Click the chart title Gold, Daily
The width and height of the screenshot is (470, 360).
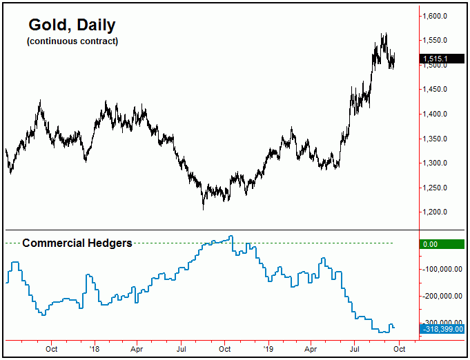(x=72, y=26)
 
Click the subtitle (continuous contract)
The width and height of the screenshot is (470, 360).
(x=72, y=41)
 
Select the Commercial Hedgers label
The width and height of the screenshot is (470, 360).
(x=77, y=243)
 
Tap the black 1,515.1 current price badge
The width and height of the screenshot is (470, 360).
(x=442, y=59)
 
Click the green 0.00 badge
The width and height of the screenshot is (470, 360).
(x=442, y=243)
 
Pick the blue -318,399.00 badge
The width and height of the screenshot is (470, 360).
(x=442, y=329)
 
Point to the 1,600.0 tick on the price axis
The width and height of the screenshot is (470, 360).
(x=439, y=16)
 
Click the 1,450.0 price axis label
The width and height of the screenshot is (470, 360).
(x=439, y=90)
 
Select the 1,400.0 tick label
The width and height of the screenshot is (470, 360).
(x=439, y=114)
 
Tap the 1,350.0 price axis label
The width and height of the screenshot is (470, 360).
(x=439, y=139)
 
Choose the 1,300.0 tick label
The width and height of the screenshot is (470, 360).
(x=439, y=163)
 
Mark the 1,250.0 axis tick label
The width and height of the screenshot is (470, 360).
(x=439, y=188)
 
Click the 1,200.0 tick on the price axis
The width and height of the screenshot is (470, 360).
(x=439, y=212)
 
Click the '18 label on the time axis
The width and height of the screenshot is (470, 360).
(x=94, y=349)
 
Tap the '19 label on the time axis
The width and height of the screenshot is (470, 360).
(x=267, y=349)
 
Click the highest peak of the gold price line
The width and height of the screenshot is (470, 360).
(x=384, y=33)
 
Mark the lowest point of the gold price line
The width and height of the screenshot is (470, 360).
(x=204, y=208)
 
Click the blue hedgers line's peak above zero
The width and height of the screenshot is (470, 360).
(x=231, y=237)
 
